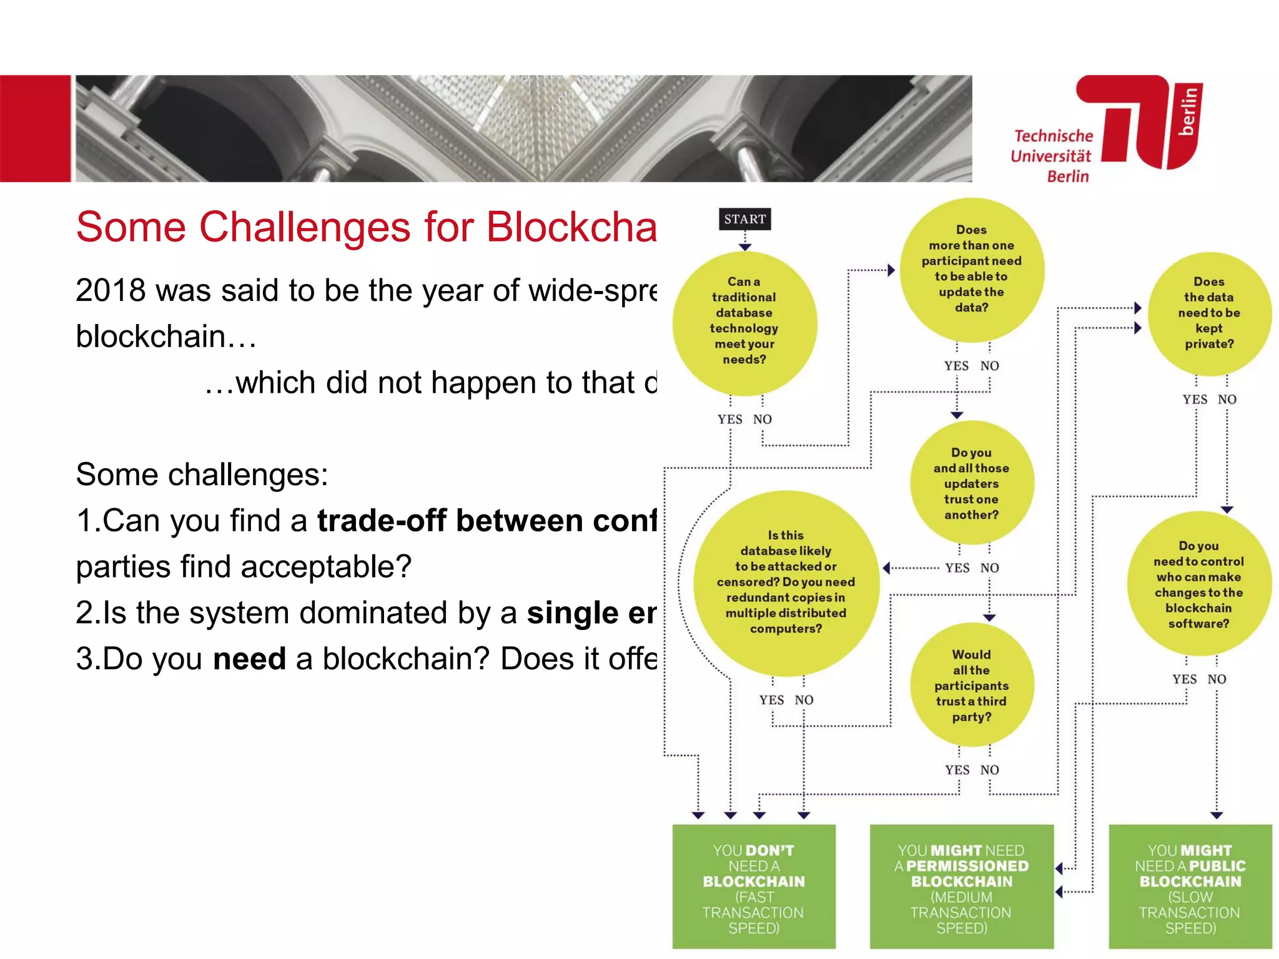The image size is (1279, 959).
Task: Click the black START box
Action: (x=744, y=219)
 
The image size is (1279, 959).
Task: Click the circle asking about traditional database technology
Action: (x=744, y=323)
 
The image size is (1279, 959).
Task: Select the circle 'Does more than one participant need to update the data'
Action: (x=971, y=270)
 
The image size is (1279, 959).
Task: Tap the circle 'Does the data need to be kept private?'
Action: (x=1209, y=313)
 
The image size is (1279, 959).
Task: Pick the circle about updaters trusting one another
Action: (x=971, y=483)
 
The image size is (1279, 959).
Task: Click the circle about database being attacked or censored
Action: (x=786, y=583)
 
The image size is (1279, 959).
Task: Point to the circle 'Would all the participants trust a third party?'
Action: (x=971, y=685)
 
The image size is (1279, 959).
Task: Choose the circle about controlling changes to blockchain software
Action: (x=1198, y=584)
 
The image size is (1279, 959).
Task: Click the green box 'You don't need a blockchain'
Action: (x=754, y=887)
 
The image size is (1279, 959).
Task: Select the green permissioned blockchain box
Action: (x=961, y=887)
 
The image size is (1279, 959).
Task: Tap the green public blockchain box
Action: (x=1190, y=887)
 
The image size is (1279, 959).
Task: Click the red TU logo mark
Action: (x=1143, y=122)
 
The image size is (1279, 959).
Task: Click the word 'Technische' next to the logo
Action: (x=1054, y=136)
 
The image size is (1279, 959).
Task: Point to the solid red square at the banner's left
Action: (x=35, y=129)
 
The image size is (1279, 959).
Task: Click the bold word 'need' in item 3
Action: (x=249, y=659)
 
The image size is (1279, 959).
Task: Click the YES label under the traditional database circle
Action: (x=729, y=420)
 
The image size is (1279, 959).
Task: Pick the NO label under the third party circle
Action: (x=989, y=770)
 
